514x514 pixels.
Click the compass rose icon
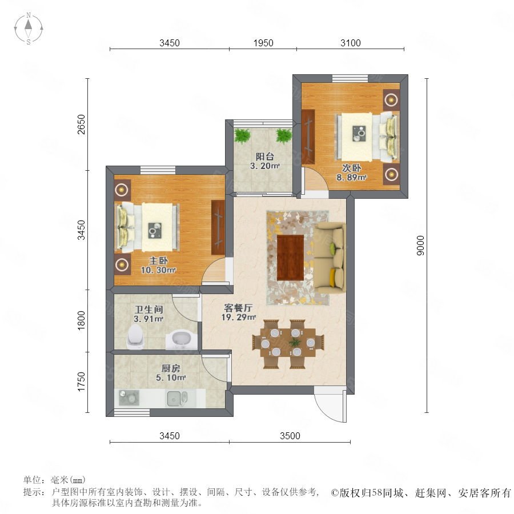click(x=29, y=29)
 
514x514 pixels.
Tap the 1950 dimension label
click(x=263, y=43)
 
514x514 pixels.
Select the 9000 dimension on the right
click(x=420, y=246)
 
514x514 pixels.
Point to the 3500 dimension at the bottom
click(x=290, y=436)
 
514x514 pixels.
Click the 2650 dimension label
click(x=81, y=125)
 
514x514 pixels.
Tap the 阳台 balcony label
click(x=264, y=156)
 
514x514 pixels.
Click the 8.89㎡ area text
click(x=351, y=178)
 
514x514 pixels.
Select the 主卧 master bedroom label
click(x=159, y=260)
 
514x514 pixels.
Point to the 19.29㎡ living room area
click(x=238, y=318)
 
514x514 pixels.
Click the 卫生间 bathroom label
click(x=149, y=310)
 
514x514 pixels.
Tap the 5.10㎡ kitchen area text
click(x=170, y=378)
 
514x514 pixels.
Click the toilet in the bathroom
click(x=135, y=336)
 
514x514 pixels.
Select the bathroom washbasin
click(x=181, y=340)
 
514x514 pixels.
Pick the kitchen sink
click(x=178, y=398)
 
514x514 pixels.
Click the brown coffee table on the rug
click(x=291, y=258)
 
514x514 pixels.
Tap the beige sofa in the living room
click(x=330, y=258)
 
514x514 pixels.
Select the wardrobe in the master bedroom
click(x=218, y=227)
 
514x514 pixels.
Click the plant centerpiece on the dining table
click(x=295, y=343)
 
